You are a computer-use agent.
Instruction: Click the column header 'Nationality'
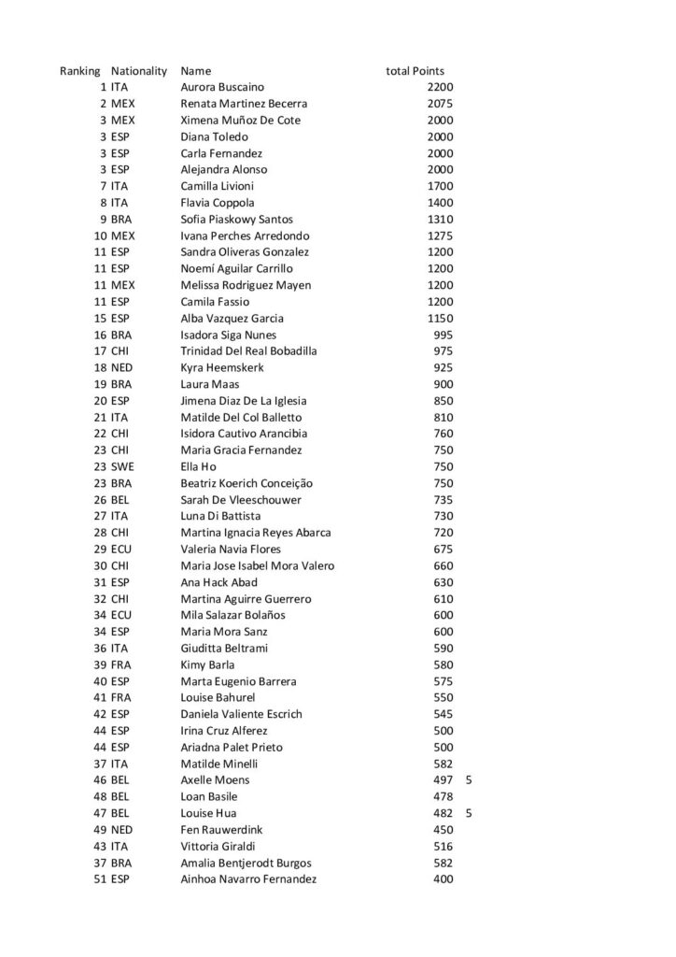coord(138,71)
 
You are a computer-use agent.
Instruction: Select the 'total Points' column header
coord(415,71)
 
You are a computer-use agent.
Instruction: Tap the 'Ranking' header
coord(79,71)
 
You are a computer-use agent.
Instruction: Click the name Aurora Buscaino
coord(221,88)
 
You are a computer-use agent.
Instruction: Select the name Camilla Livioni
coord(217,186)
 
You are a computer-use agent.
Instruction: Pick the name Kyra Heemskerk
coord(220,367)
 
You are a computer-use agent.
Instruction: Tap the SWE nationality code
coord(121,466)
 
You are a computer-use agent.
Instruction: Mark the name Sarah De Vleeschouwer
coord(241,500)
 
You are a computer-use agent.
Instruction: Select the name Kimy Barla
coord(207,664)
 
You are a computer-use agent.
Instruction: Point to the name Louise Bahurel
coord(218,697)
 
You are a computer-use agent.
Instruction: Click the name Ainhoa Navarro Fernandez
coord(248,878)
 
